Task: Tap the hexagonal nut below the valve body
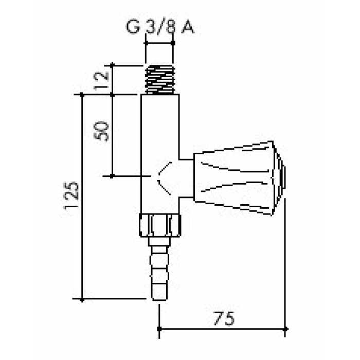(x=160, y=224)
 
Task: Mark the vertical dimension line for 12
(x=112, y=80)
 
